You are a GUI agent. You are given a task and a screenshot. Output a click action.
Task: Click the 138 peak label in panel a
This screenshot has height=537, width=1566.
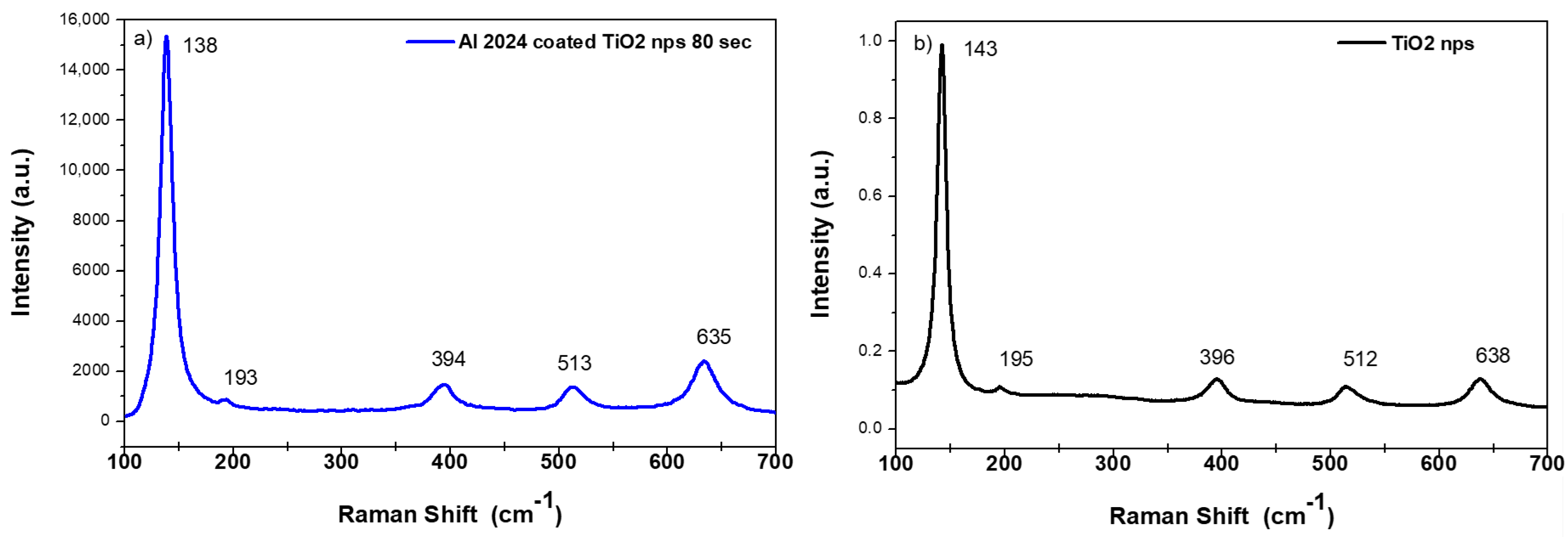pyautogui.click(x=200, y=45)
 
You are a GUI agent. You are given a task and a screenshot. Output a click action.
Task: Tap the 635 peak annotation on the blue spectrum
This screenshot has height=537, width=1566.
pyautogui.click(x=713, y=337)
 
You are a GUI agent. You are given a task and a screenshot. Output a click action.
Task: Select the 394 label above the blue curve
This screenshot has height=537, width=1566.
pyautogui.click(x=448, y=359)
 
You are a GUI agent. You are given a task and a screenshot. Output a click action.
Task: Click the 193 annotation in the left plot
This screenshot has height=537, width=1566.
pyautogui.click(x=240, y=378)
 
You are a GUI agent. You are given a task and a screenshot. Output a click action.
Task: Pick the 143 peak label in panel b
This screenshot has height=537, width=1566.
pyautogui.click(x=980, y=49)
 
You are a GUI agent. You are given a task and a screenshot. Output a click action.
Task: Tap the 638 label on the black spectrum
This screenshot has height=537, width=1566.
pyautogui.click(x=1493, y=355)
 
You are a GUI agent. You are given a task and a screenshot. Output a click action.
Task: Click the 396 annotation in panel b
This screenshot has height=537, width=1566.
pyautogui.click(x=1217, y=357)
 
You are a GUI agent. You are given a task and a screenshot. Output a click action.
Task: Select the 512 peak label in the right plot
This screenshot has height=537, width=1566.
pyautogui.click(x=1360, y=359)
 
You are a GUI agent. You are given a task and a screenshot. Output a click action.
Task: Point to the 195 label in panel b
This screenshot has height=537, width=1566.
pyautogui.click(x=1016, y=359)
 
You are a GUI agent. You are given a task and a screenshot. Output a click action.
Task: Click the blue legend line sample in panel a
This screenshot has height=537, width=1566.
pyautogui.click(x=430, y=42)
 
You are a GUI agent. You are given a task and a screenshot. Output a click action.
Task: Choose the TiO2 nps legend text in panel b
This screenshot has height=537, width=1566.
pyautogui.click(x=1433, y=44)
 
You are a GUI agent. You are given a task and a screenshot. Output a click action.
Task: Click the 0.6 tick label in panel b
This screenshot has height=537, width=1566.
pyautogui.click(x=870, y=196)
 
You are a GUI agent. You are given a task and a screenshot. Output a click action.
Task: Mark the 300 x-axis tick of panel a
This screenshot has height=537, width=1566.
pyautogui.click(x=341, y=462)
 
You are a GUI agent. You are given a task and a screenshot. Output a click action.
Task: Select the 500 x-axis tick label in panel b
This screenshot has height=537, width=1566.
pyautogui.click(x=1330, y=464)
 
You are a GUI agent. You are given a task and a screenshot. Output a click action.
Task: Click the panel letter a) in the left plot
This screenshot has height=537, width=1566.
pyautogui.click(x=143, y=40)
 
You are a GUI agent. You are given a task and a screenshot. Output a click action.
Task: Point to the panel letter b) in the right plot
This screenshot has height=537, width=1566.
pyautogui.click(x=923, y=44)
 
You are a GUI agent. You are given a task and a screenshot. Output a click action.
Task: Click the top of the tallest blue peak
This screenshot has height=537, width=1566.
pyautogui.click(x=166, y=38)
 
